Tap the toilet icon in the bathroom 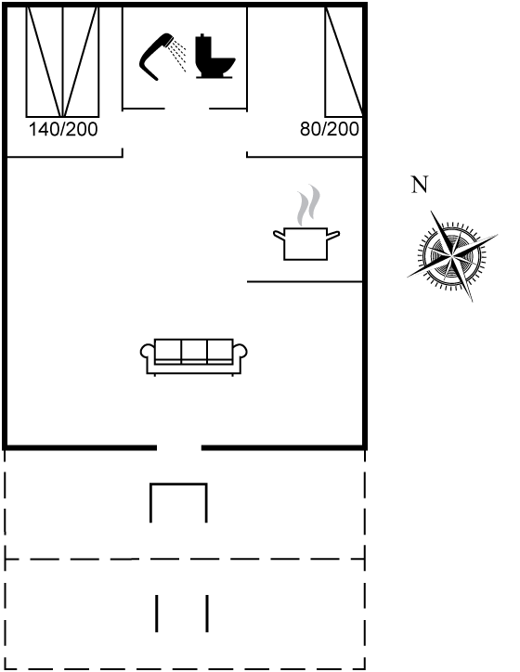(214, 56)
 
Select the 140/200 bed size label (63, 129)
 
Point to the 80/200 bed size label (330, 129)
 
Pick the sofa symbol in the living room (194, 357)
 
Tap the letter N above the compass (420, 185)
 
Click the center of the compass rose (452, 256)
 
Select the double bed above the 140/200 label (62, 61)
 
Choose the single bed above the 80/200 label (344, 61)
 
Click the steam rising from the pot (309, 205)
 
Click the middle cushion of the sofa (194, 351)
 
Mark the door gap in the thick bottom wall (179, 448)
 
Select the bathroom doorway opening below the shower (187, 109)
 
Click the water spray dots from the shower (177, 55)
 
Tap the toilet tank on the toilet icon (203, 48)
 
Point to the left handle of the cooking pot (279, 235)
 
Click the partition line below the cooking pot (305, 281)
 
